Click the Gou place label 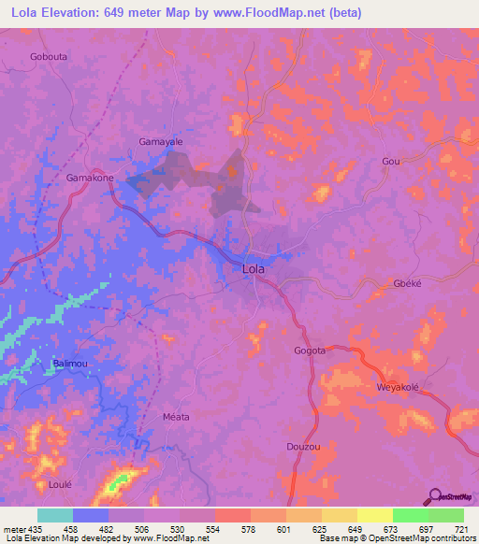pos(391,162)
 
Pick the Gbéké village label pos(407,284)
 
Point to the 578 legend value pos(231,530)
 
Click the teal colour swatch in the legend pos(55,515)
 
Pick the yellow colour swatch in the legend pos(374,515)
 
